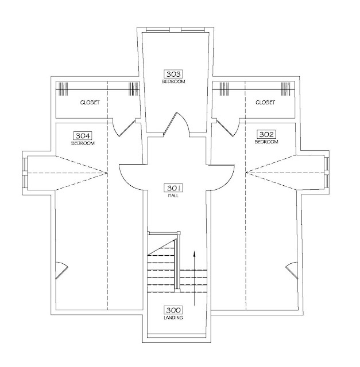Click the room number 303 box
(x=173, y=74)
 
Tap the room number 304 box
(x=83, y=135)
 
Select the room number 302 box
(x=266, y=134)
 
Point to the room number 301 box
(x=173, y=188)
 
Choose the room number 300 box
(x=173, y=310)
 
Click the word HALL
(x=173, y=195)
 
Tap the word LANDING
(x=173, y=318)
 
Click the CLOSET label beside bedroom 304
(x=90, y=102)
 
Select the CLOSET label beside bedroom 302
(x=265, y=102)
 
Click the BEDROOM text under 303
(x=173, y=81)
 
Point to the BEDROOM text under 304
(x=83, y=143)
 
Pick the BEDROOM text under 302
(x=266, y=142)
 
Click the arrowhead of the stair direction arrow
(x=194, y=253)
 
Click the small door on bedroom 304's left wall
(x=61, y=270)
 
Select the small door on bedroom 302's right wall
(x=292, y=270)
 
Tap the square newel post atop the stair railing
(x=179, y=232)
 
